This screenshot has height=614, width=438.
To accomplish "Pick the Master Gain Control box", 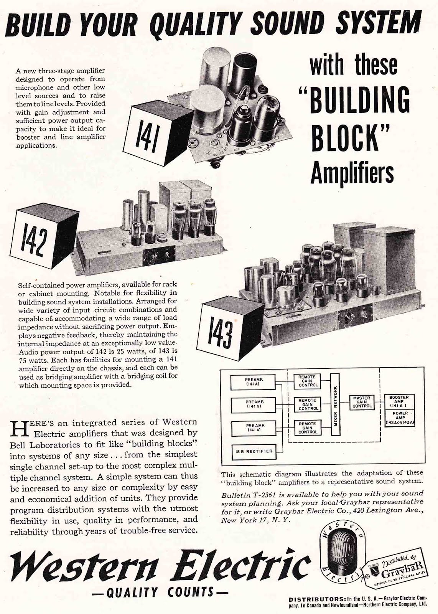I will (362, 402).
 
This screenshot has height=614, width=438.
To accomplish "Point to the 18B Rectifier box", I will (254, 451).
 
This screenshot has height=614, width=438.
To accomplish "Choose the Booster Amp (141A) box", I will (399, 401).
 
